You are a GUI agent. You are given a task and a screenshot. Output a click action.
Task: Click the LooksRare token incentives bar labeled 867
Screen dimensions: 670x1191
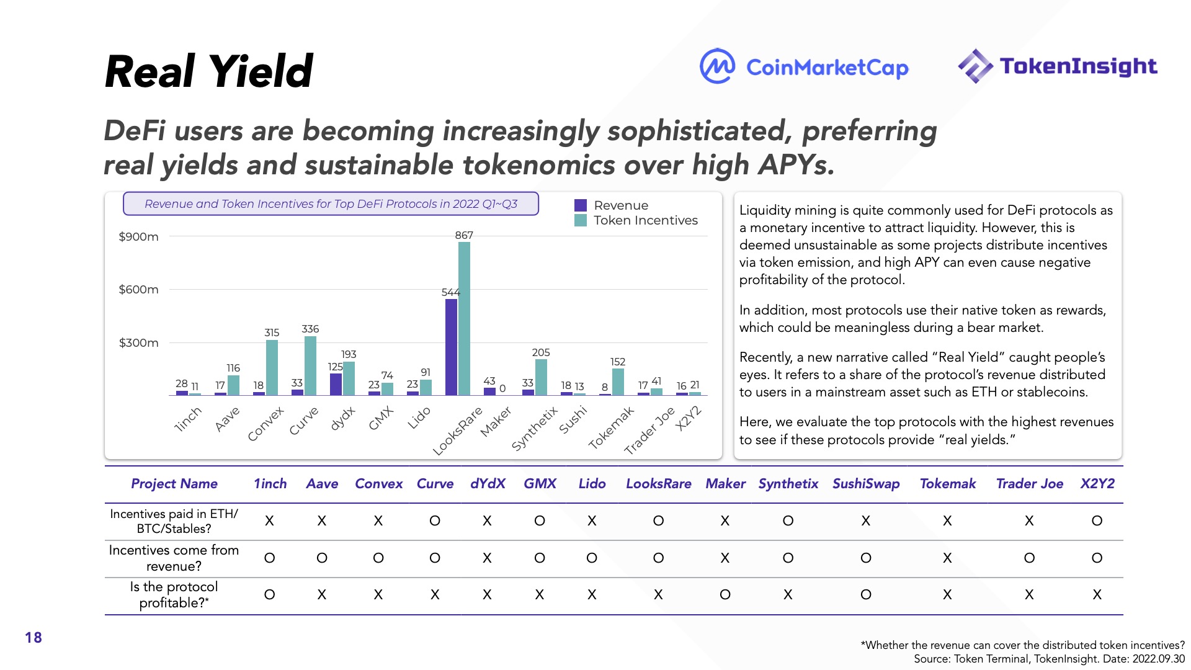pos(464,318)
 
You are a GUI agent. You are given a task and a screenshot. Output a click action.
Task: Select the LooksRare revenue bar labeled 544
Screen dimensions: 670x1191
pos(451,347)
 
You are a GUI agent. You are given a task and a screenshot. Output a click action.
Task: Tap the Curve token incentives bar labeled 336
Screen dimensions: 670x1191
pos(310,365)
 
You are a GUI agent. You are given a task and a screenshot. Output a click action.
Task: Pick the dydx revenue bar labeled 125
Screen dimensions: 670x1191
pos(336,384)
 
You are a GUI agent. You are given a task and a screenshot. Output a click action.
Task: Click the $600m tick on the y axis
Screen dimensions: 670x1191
pos(138,290)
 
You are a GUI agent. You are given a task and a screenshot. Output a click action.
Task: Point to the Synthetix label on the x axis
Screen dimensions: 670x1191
pos(534,429)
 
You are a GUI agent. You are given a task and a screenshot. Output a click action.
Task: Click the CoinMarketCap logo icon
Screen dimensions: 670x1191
pos(717,66)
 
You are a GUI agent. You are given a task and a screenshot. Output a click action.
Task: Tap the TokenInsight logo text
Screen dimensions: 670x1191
pos(1078,66)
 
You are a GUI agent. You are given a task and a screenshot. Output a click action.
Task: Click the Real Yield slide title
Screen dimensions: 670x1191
pos(209,71)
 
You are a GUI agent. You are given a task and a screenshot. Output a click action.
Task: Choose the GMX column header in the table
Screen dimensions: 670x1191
pos(540,484)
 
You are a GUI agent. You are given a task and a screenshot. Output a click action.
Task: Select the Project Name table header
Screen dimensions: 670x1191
pos(174,484)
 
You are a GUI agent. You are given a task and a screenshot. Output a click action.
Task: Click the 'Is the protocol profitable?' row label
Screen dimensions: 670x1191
pos(174,595)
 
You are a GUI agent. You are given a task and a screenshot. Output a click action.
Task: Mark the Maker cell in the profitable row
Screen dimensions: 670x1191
pos(725,595)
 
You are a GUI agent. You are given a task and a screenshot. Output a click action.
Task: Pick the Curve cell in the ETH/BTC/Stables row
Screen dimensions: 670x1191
pos(435,521)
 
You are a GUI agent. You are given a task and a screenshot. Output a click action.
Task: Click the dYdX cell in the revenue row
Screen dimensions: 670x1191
pos(487,558)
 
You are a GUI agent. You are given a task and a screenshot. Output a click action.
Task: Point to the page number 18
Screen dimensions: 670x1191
pos(33,638)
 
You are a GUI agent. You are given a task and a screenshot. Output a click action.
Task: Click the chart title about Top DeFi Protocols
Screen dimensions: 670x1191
pos(331,204)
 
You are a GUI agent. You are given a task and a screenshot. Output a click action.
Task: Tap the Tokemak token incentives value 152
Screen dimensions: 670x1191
pos(618,362)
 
